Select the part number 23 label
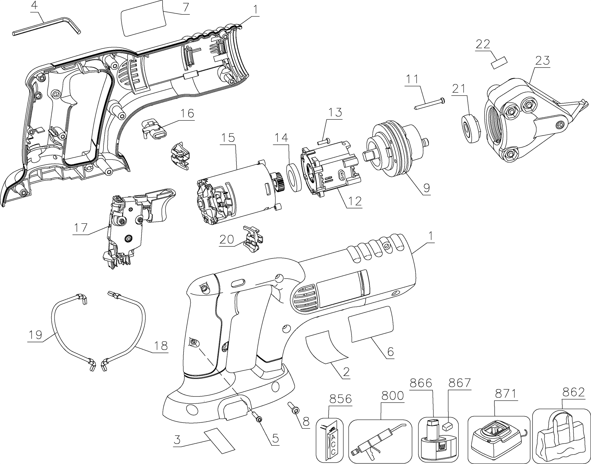point(543,61)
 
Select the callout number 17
point(81,228)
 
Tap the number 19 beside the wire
point(35,335)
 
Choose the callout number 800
point(392,395)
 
